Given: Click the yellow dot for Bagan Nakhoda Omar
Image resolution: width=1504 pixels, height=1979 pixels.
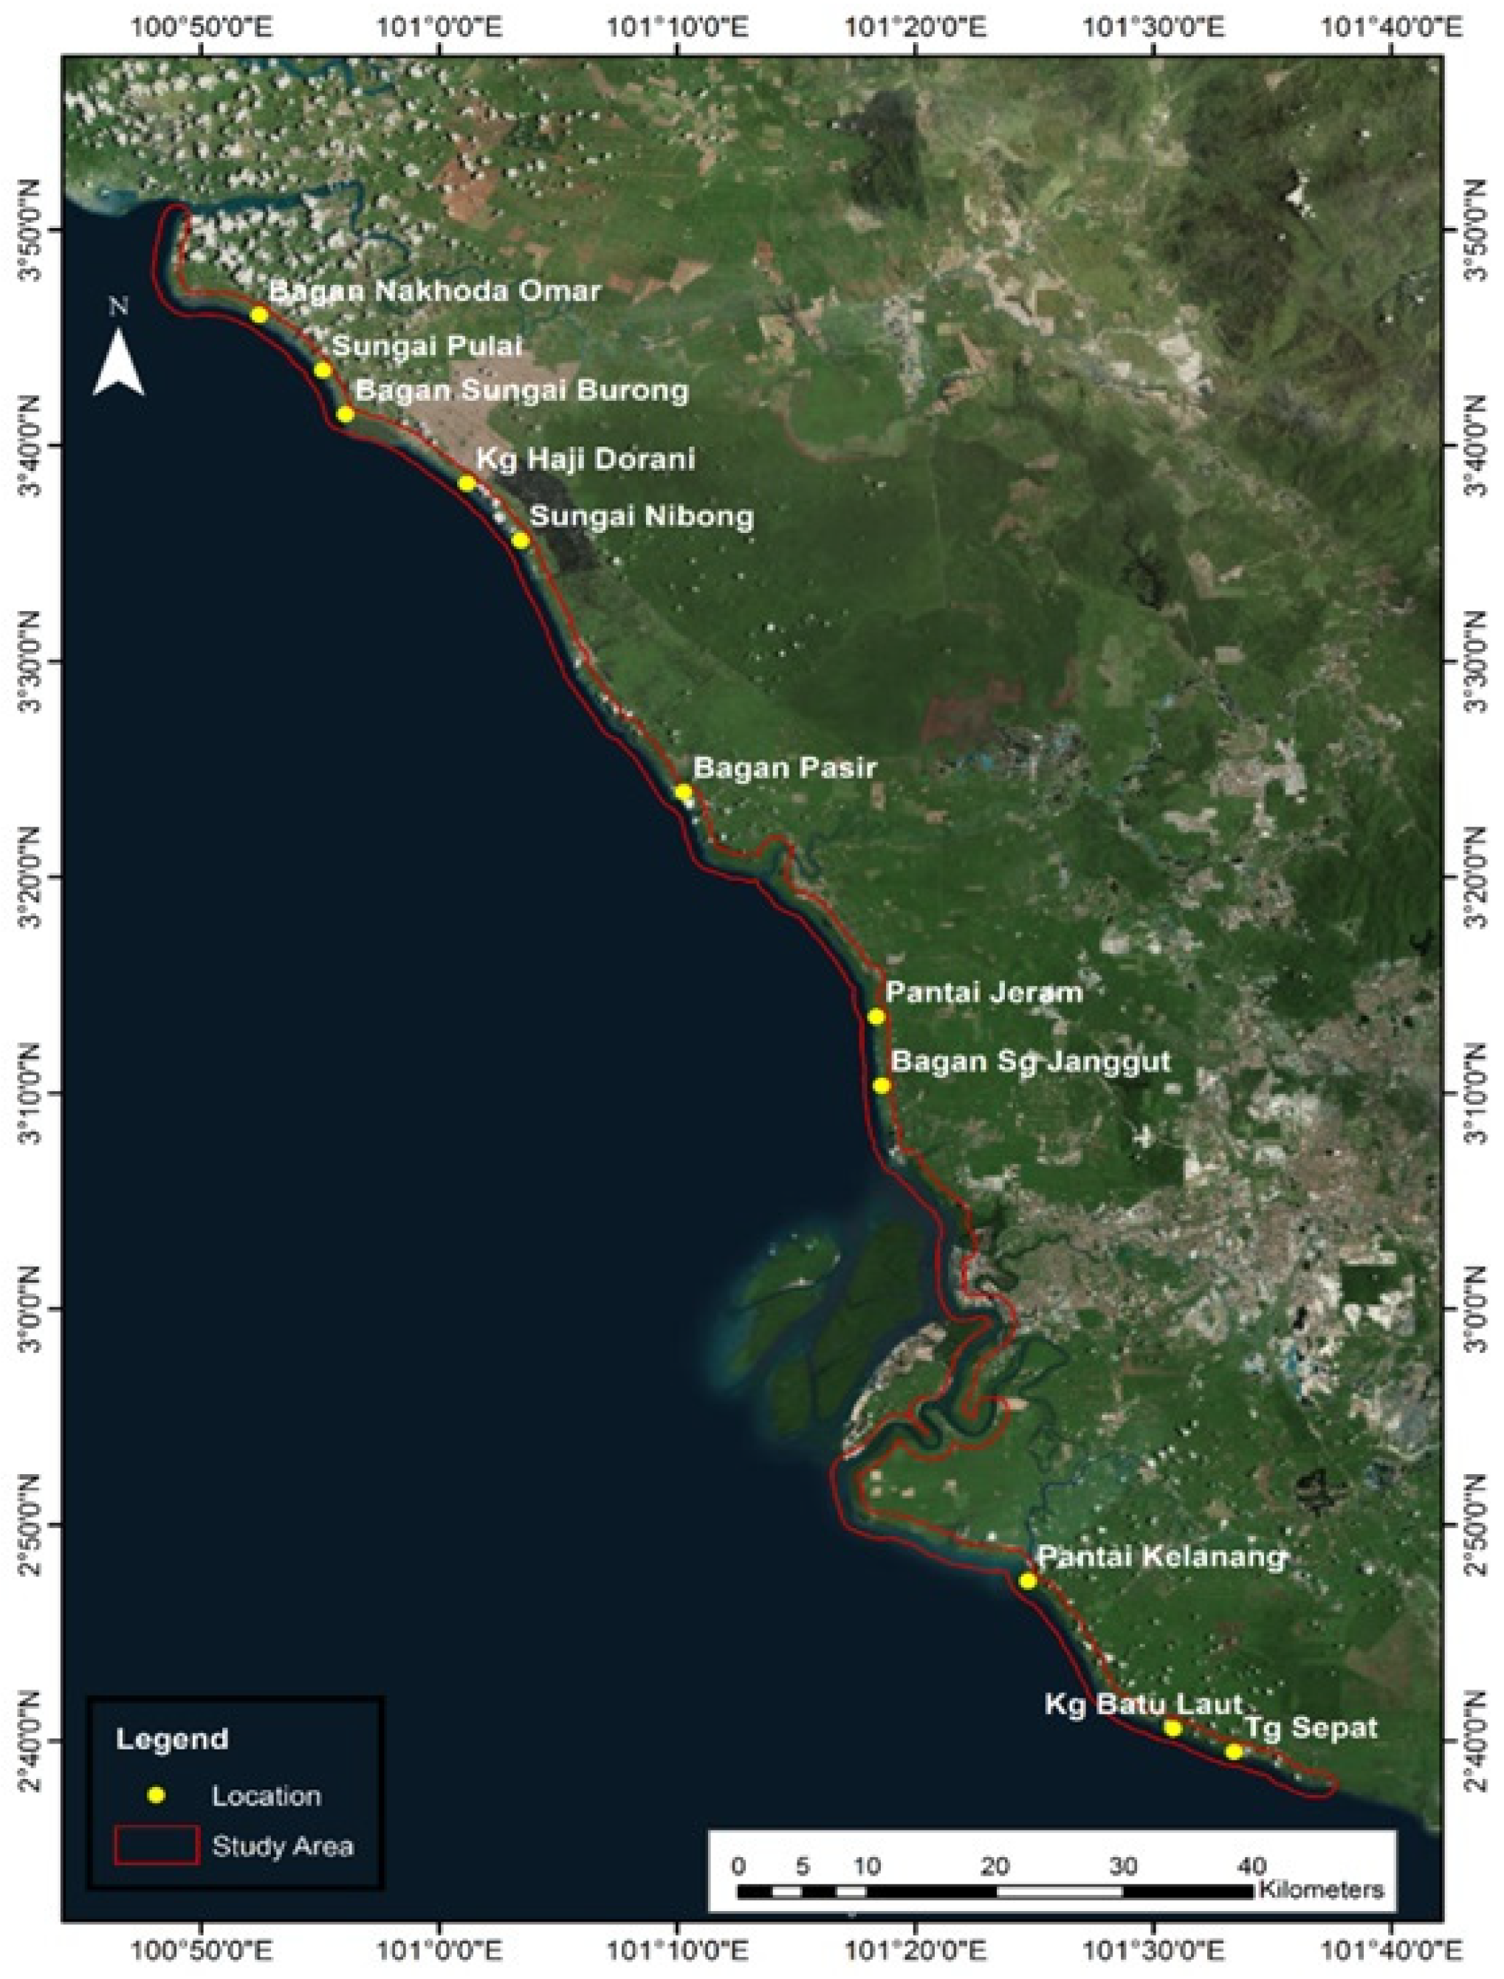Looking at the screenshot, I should (x=260, y=314).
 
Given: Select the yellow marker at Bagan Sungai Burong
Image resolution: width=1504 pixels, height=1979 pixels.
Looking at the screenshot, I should (x=346, y=413).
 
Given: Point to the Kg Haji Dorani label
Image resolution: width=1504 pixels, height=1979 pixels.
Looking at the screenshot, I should (x=586, y=459).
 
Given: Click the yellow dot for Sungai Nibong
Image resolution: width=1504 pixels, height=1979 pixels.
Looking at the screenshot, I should (x=521, y=540).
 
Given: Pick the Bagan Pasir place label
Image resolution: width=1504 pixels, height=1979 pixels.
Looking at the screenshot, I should (x=785, y=768).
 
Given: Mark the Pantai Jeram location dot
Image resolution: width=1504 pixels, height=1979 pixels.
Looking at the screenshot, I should (x=876, y=1016).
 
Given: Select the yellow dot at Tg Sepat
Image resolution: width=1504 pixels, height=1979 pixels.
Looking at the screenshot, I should (x=1234, y=1752).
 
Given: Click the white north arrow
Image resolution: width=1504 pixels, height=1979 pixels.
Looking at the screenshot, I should (x=119, y=362).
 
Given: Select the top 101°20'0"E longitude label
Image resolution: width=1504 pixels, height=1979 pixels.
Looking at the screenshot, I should (x=916, y=29).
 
